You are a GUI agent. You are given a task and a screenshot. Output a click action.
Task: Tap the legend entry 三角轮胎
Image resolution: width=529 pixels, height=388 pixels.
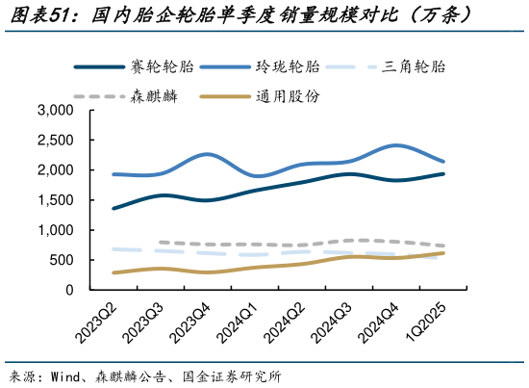click(x=413, y=67)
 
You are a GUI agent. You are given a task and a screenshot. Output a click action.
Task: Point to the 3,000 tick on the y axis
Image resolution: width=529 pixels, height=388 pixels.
click(x=55, y=111)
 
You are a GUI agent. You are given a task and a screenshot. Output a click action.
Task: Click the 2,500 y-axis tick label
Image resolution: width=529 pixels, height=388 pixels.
click(x=55, y=141)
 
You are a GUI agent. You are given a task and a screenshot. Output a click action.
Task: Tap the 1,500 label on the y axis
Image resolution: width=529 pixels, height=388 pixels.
click(x=55, y=200)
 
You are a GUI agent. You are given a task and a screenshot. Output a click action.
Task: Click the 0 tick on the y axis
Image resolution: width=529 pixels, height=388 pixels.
click(x=69, y=290)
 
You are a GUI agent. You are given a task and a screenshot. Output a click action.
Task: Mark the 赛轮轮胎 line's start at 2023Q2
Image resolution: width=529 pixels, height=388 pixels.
click(x=113, y=208)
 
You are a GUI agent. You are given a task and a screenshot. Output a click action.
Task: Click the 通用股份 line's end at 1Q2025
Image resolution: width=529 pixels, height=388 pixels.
click(x=443, y=253)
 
